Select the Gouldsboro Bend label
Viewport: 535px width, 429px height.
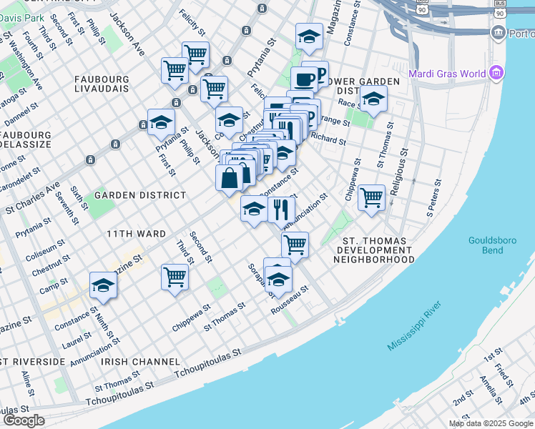click(x=495, y=246)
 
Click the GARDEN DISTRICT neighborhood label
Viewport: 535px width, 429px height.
click(x=140, y=194)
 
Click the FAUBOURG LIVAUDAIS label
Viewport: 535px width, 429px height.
click(x=101, y=84)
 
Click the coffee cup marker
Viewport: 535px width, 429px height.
click(x=304, y=79)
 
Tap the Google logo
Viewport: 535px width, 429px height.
click(x=23, y=420)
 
